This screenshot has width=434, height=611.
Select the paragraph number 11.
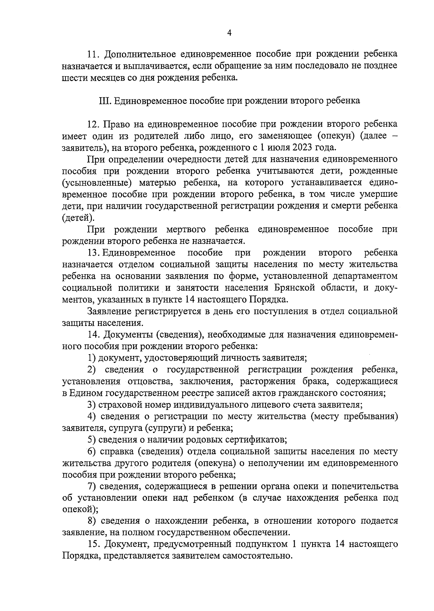(93, 54)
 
